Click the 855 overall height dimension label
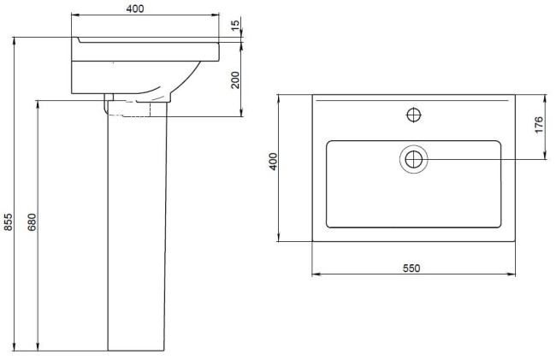point(8,222)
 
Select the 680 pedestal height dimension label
point(32,222)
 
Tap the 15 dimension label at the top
point(235,25)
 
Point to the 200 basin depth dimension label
point(235,80)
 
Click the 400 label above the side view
point(135,9)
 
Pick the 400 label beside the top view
point(273,162)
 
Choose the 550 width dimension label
point(411,269)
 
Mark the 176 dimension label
point(539,125)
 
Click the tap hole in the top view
point(413,115)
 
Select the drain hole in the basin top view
point(413,159)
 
